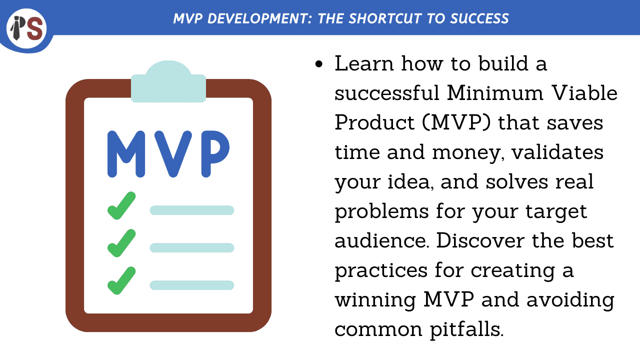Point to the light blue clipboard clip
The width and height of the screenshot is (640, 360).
(x=168, y=82)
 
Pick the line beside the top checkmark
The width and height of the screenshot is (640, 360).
(x=192, y=210)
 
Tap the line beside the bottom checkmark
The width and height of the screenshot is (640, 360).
(x=192, y=285)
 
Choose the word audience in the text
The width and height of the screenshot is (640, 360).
(x=381, y=241)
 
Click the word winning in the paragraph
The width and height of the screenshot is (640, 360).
(x=375, y=300)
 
